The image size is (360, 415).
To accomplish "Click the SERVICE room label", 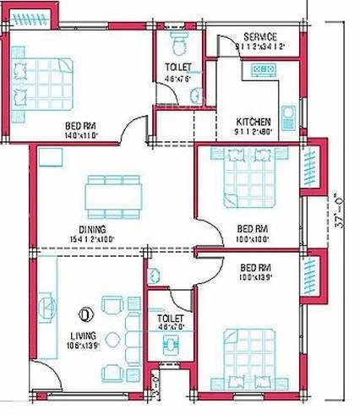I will [x=259, y=37].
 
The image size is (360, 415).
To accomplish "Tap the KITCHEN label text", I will [x=254, y=122].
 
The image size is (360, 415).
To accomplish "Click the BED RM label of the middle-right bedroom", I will [x=252, y=229].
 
